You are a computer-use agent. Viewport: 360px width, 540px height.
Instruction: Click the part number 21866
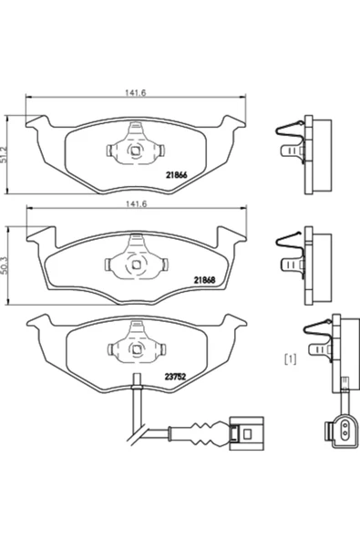coord(176,175)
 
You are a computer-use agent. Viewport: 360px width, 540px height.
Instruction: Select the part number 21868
coord(204,280)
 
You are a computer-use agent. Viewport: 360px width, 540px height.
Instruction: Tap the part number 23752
coord(175,377)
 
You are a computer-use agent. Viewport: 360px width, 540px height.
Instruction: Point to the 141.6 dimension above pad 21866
coord(136,93)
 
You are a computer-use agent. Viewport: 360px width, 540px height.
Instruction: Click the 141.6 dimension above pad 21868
coord(136,204)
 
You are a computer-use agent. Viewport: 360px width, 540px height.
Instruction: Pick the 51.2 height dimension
coord(5,153)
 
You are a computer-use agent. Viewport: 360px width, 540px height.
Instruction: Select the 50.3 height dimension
coord(5,265)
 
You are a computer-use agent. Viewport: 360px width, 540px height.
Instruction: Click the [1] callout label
coord(291,359)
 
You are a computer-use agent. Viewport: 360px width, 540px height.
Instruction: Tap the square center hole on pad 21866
coord(135,151)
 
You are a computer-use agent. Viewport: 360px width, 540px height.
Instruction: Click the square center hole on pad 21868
coord(136,265)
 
